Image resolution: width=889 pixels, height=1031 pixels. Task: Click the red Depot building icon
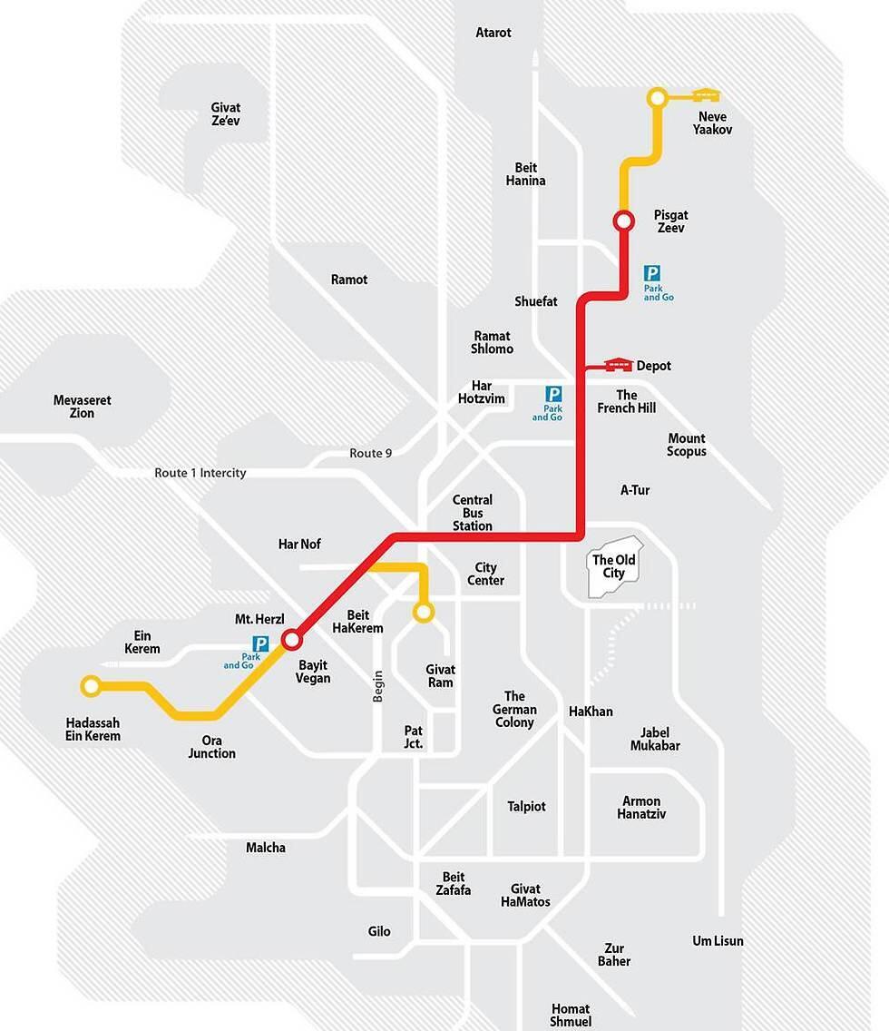[618, 365]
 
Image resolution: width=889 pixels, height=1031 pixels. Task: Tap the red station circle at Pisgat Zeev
[623, 221]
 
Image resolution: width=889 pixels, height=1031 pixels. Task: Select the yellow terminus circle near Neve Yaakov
[657, 97]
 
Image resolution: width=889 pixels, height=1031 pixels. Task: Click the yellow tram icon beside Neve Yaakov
[707, 94]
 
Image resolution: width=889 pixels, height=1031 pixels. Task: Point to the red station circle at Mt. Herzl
[291, 640]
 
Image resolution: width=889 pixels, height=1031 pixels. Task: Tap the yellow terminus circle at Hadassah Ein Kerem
[90, 686]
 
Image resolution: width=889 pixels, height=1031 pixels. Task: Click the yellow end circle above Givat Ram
[423, 613]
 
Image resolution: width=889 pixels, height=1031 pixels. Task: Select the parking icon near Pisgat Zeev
[652, 273]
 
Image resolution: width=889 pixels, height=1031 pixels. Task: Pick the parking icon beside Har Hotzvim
[553, 395]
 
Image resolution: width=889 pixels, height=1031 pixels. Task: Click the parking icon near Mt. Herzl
[261, 644]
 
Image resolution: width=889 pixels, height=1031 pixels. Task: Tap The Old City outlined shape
[614, 566]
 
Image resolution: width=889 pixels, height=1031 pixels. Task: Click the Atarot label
[493, 33]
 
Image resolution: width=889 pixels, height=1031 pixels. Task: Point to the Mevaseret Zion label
[82, 407]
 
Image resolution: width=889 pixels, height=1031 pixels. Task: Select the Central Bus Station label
[473, 513]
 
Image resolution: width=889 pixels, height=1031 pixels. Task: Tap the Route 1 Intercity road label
[200, 473]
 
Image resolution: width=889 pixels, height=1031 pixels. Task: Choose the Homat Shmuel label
[571, 1016]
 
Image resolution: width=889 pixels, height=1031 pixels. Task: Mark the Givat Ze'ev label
[226, 114]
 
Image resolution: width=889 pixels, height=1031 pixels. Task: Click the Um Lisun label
[718, 941]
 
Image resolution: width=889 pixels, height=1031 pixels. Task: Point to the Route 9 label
[370, 453]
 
